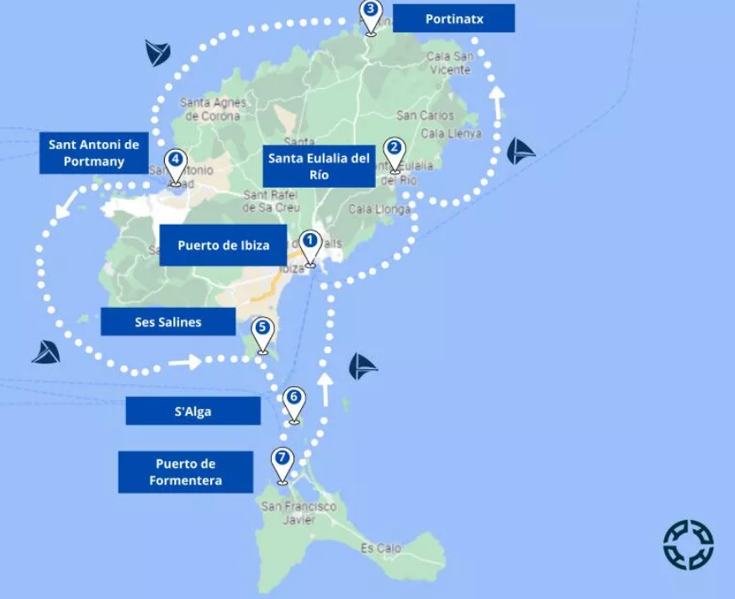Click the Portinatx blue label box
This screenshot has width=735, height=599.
tap(453, 19)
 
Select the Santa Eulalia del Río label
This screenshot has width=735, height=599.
tap(319, 167)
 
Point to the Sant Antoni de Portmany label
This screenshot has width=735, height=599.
tap(93, 153)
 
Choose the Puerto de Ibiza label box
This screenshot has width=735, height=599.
tap(223, 246)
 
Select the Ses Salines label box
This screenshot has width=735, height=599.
tap(167, 322)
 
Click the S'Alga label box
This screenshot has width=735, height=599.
tap(193, 411)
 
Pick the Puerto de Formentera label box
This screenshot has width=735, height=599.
tap(185, 472)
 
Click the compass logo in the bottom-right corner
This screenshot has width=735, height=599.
tap(688, 544)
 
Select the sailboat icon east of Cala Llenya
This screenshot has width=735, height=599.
tap(520, 151)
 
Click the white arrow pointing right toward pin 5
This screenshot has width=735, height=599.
tap(184, 363)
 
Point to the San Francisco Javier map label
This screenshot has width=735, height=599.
tap(299, 512)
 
